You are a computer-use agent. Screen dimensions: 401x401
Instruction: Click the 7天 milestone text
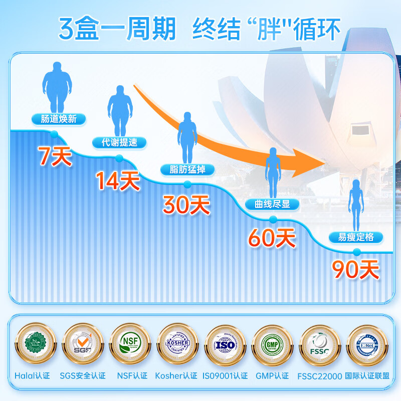(x=55, y=157)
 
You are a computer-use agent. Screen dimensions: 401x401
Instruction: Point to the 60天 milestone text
(x=272, y=238)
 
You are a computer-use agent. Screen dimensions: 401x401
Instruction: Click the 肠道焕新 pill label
(x=56, y=119)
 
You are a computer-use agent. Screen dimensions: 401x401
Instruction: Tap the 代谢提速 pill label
(x=119, y=142)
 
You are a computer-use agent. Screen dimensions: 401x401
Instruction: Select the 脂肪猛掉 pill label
(x=187, y=169)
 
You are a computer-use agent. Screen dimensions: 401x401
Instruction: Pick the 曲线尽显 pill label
(x=272, y=204)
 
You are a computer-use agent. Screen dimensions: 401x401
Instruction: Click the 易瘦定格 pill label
(x=356, y=237)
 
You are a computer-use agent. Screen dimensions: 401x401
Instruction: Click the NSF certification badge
(x=129, y=345)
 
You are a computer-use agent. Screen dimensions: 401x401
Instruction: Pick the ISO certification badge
(x=225, y=345)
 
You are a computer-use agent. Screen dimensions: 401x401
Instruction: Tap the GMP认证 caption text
(x=272, y=375)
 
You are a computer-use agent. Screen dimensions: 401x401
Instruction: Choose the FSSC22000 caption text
(x=319, y=375)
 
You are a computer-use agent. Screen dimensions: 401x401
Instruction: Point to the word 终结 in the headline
(x=211, y=29)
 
